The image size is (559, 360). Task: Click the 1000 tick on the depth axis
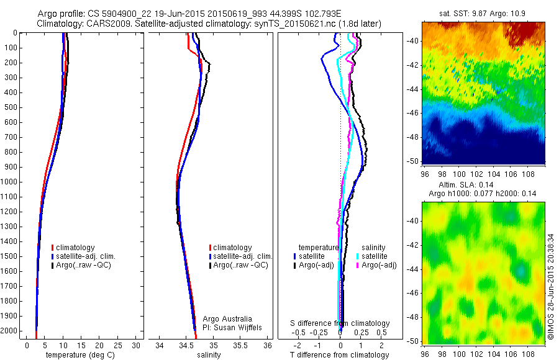[x=11, y=182]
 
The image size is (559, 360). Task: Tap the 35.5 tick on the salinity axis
[x=241, y=345]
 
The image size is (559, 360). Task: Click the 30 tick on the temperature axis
[x=136, y=345]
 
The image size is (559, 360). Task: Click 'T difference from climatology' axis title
[x=340, y=355]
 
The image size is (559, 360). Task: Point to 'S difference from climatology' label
[x=340, y=323]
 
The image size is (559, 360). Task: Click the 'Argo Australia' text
[x=227, y=319]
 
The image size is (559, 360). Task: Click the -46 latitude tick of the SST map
[x=413, y=113]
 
